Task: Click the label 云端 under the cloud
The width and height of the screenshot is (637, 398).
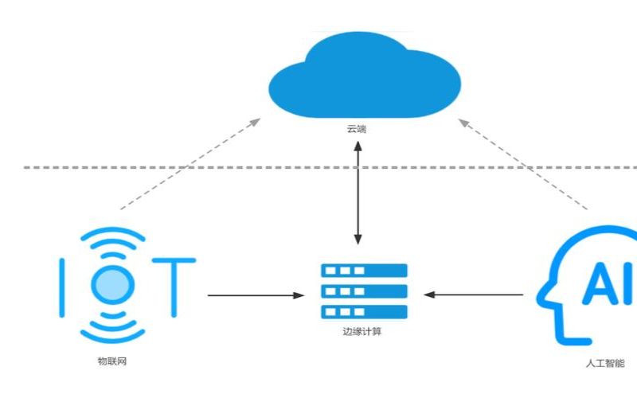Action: pyautogui.click(x=357, y=128)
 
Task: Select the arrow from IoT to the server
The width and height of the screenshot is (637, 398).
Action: pyautogui.click(x=255, y=295)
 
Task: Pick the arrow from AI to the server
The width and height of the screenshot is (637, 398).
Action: pyautogui.click(x=474, y=295)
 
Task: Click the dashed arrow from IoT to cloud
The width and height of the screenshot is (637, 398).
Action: pyautogui.click(x=191, y=163)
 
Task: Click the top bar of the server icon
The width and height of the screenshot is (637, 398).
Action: pyautogui.click(x=364, y=271)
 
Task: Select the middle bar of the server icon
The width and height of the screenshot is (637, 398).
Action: pyautogui.click(x=364, y=291)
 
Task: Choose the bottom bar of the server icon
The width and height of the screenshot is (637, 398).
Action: pyautogui.click(x=364, y=311)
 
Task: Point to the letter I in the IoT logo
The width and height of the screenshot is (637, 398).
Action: pyautogui.click(x=63, y=286)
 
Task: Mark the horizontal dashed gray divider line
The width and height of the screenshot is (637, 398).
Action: pyautogui.click(x=159, y=168)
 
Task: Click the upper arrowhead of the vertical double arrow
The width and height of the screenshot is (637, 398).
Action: pyautogui.click(x=358, y=146)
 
